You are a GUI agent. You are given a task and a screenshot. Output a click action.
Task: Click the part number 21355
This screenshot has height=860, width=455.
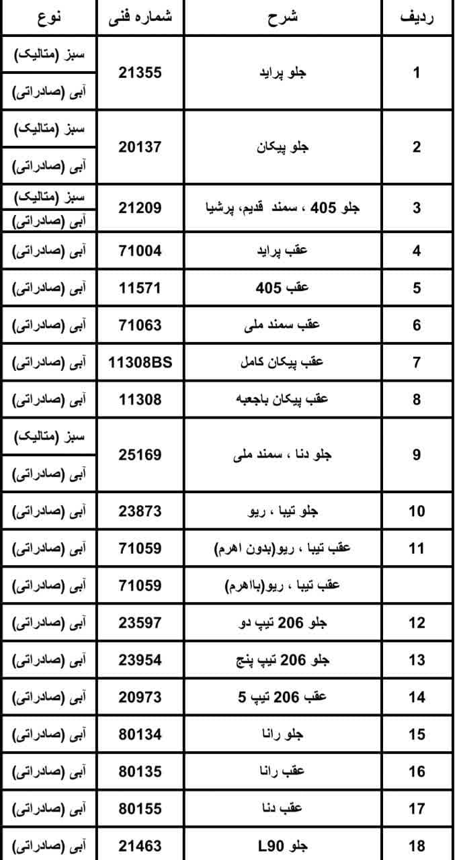tap(140, 73)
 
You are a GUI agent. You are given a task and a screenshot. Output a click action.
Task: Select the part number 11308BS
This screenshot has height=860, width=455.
tap(140, 362)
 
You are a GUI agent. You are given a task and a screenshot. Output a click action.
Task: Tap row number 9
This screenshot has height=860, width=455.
tap(417, 455)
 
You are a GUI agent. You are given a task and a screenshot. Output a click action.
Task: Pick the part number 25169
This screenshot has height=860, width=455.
tap(140, 455)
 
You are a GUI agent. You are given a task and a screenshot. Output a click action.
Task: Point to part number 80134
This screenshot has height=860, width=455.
tap(140, 734)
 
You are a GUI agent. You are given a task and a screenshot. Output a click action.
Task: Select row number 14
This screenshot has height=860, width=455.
tap(417, 697)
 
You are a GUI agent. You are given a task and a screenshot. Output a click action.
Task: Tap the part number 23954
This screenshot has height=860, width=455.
tap(140, 660)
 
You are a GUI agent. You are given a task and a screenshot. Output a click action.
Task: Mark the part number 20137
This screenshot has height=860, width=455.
tap(140, 146)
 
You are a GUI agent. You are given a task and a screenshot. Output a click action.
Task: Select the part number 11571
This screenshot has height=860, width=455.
tap(140, 288)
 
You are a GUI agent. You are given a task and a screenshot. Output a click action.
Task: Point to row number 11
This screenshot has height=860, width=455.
tap(417, 548)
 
